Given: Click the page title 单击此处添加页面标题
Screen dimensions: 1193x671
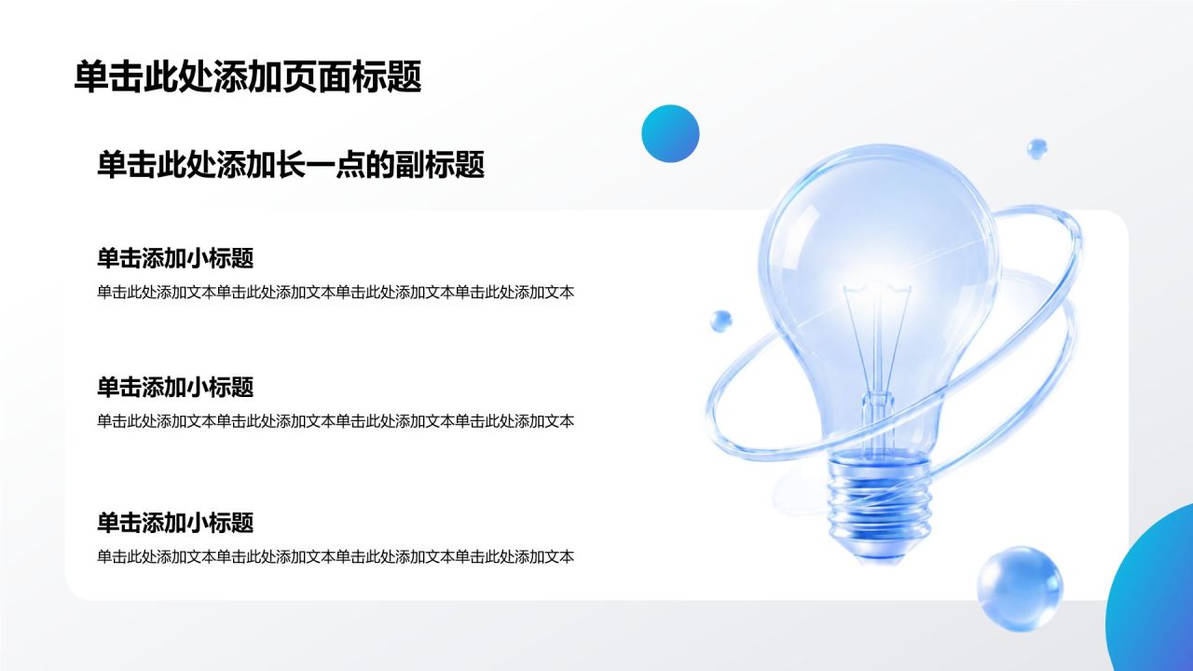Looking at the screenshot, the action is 248,76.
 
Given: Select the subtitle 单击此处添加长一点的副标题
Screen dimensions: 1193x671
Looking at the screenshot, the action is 291,164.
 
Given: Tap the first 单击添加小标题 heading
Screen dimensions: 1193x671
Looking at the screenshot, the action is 175,258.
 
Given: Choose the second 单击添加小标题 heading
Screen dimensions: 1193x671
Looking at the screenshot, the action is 175,387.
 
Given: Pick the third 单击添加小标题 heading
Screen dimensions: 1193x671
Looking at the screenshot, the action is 175,523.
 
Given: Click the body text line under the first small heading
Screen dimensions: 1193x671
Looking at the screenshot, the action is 336,292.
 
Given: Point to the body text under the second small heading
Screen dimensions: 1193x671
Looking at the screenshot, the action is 336,421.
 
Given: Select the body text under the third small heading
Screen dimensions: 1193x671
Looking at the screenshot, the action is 336,556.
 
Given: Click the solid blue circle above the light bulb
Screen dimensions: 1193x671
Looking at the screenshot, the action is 670,133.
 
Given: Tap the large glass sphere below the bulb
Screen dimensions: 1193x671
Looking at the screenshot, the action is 1020,589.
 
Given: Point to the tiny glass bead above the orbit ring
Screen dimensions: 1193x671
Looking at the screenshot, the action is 1036,148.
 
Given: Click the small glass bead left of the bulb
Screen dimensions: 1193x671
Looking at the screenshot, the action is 721,322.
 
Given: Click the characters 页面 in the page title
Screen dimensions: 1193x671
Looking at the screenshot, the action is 318,76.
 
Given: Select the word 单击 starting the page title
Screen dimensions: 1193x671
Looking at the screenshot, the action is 108,76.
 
